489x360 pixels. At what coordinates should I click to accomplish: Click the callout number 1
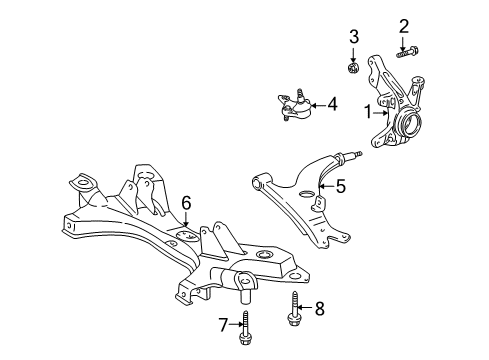coord(368,112)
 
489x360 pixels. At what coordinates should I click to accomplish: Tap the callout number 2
coord(404,26)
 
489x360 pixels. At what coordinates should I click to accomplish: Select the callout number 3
coord(354,37)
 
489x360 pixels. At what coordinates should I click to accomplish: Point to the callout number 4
coord(332,104)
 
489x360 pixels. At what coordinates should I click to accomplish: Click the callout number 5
coord(341,186)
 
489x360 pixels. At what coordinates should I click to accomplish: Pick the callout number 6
coord(186,203)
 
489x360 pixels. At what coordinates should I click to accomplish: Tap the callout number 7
coord(223,325)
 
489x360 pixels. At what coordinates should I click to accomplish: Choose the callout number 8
coord(320,309)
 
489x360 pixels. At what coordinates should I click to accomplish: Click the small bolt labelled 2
coord(407,52)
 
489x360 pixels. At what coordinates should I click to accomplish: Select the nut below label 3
coord(353,68)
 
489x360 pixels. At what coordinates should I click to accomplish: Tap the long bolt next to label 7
coord(245,328)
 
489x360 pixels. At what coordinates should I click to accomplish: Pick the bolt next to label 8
coord(293,309)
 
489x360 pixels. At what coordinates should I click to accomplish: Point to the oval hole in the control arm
coord(307,194)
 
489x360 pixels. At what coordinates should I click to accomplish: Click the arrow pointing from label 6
coord(186,220)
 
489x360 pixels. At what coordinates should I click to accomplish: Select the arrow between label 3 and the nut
coord(353,54)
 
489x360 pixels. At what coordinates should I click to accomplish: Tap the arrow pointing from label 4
coord(318,106)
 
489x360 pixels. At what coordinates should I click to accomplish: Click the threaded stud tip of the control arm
coord(358,154)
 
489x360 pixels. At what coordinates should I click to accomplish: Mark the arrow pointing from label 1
coord(381,113)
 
